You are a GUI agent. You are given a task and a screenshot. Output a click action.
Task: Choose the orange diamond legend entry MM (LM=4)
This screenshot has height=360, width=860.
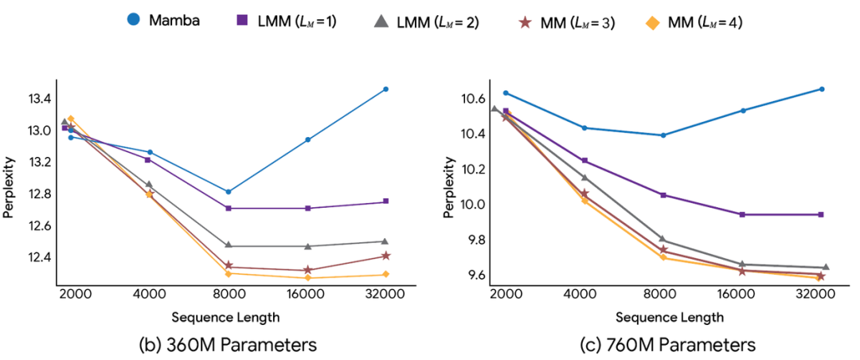pyautogui.click(x=693, y=21)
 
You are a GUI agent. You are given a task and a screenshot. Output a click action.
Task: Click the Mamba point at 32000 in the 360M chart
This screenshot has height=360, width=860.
pyautogui.click(x=385, y=89)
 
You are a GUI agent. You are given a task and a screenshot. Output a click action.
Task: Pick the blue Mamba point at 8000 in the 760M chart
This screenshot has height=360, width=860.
pyautogui.click(x=663, y=135)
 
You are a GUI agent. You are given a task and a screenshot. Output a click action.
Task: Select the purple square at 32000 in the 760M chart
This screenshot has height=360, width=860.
pyautogui.click(x=821, y=214)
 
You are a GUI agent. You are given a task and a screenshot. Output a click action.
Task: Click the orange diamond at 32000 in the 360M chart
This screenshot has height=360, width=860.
pyautogui.click(x=385, y=275)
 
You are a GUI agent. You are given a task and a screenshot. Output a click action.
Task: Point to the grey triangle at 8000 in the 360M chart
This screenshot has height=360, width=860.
pyautogui.click(x=229, y=245)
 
